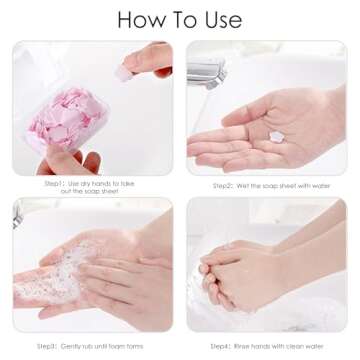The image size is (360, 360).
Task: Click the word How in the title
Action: [x=142, y=19]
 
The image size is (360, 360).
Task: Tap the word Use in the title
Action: [x=219, y=19]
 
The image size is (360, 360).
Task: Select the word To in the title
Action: [x=179, y=19]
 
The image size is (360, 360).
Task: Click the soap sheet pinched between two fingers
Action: [x=132, y=69]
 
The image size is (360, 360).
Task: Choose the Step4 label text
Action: [x=229, y=346]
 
